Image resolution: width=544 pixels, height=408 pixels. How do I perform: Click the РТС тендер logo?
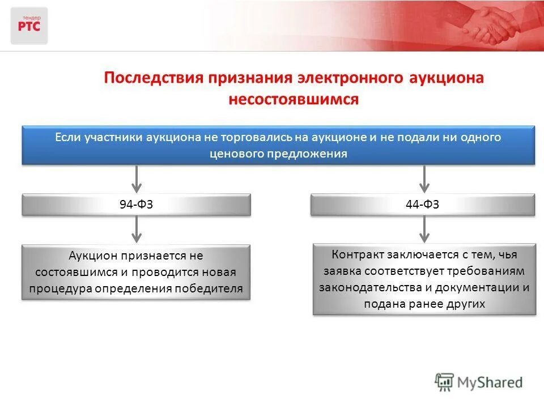pos(29,25)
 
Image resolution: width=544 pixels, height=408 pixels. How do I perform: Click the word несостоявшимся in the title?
pos(294,99)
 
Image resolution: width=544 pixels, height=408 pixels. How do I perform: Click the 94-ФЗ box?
pos(136,205)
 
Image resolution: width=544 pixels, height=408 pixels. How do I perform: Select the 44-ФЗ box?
pos(423,205)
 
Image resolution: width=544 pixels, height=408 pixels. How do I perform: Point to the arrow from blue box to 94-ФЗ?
pos(136,178)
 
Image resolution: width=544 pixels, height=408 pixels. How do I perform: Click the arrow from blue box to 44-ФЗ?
pos(423,178)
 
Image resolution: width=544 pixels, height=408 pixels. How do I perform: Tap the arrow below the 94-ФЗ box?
pos(136,229)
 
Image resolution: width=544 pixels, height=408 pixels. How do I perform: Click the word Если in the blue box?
pos(69,138)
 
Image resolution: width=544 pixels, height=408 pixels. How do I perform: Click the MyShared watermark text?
pos(491,382)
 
